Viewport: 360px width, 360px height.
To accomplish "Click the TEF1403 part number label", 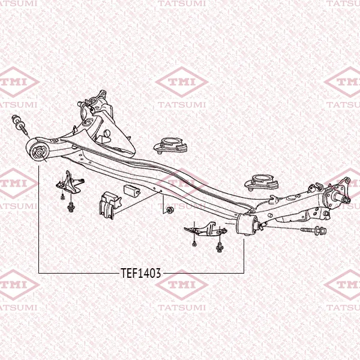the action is pos(141,273).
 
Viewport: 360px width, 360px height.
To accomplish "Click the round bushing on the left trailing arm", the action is pos(38,152).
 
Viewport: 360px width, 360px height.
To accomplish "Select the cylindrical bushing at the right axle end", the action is pos(247,224).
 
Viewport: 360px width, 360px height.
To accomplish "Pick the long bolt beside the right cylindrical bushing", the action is pos(313,230).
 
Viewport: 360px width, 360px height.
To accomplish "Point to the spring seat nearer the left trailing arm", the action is pos(170,145).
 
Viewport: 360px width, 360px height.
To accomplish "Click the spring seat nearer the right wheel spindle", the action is pos(262,182).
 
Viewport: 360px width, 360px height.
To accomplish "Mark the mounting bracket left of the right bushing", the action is pos(205,229).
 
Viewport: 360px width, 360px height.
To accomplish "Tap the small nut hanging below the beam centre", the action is pos(170,209).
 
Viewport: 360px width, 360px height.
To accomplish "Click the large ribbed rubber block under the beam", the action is pos(110,205).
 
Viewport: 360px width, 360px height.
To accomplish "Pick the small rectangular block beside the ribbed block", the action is pos(132,190).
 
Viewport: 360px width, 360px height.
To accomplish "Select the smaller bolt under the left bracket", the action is pos(62,197).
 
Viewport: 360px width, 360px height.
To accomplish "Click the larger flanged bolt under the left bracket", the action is pos(71,207).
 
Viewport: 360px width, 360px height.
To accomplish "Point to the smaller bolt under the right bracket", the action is pos(194,244).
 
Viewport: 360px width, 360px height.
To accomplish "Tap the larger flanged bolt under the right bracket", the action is pos(219,247).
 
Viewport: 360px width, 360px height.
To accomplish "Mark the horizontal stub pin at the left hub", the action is pos(83,104).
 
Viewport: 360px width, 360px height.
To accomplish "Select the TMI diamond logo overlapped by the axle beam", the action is pos(182,183).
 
